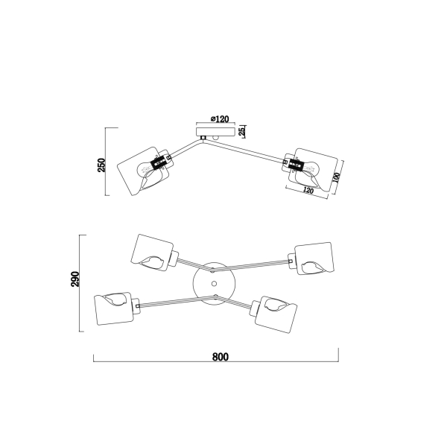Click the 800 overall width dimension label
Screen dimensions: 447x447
click(221, 357)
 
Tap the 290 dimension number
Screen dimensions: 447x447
click(75, 279)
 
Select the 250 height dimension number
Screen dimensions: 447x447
click(101, 165)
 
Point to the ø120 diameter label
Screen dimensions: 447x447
click(220, 119)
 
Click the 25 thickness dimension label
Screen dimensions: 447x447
click(241, 131)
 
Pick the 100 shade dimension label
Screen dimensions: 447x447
click(337, 177)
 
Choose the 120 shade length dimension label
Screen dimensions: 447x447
click(308, 190)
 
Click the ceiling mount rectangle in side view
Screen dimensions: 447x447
click(215, 132)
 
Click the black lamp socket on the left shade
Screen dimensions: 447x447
click(158, 164)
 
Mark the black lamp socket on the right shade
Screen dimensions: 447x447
click(296, 165)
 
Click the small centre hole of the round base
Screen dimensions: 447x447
click(214, 284)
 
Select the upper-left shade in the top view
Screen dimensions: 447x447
click(152, 253)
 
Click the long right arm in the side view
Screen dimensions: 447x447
click(245, 150)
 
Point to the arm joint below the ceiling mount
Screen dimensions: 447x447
click(203, 138)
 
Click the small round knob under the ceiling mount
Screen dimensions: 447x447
click(215, 138)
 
